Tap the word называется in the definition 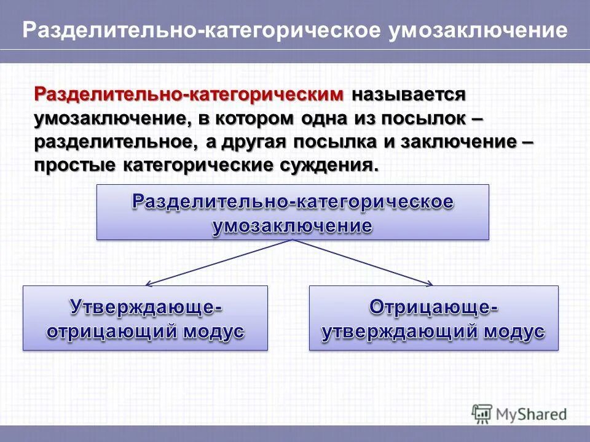point(408,95)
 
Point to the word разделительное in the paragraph point(116,142)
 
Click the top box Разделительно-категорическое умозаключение point(293,212)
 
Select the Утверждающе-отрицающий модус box point(146,318)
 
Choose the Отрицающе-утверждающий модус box point(433,318)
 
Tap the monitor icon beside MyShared point(482,413)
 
